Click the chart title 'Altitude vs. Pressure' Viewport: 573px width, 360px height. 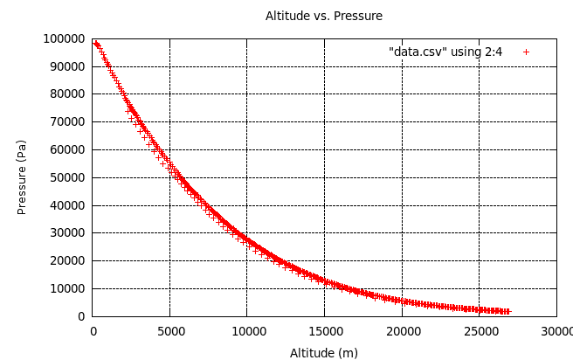[323, 16]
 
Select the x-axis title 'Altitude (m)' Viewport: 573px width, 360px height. [323, 353]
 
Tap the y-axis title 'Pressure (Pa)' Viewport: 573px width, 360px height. [22, 177]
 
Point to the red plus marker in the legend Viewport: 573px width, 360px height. [526, 52]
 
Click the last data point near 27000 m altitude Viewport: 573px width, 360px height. [507, 311]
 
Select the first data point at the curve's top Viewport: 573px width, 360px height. [95, 43]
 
